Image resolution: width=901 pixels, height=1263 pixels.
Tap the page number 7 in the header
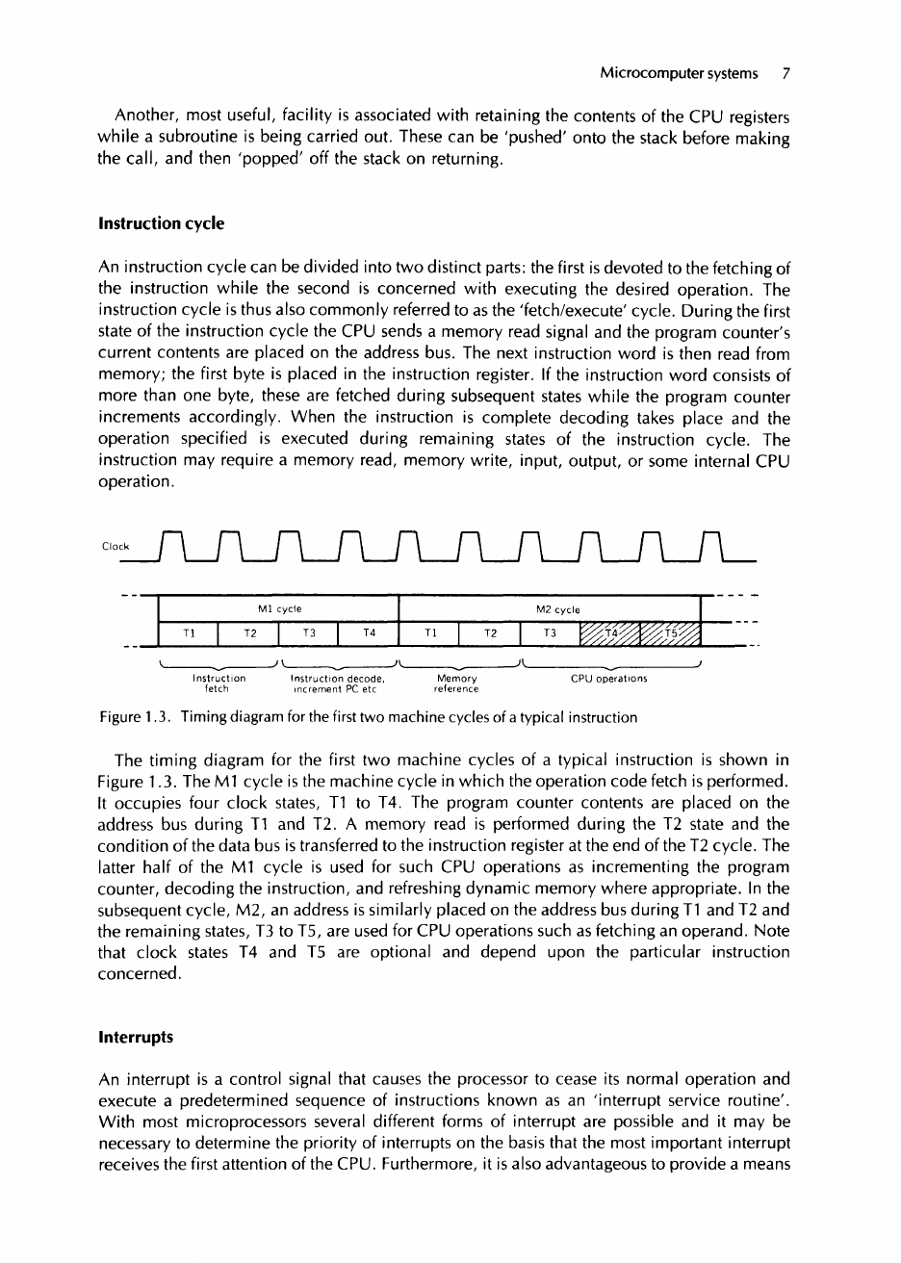785,72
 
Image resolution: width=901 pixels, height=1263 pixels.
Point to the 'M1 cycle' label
277,609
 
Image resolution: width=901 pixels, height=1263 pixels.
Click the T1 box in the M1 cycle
188,634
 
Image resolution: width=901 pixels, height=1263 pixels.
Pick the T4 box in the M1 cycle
369,634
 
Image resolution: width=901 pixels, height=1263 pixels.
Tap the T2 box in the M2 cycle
489,634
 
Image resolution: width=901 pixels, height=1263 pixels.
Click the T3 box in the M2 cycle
550,634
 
